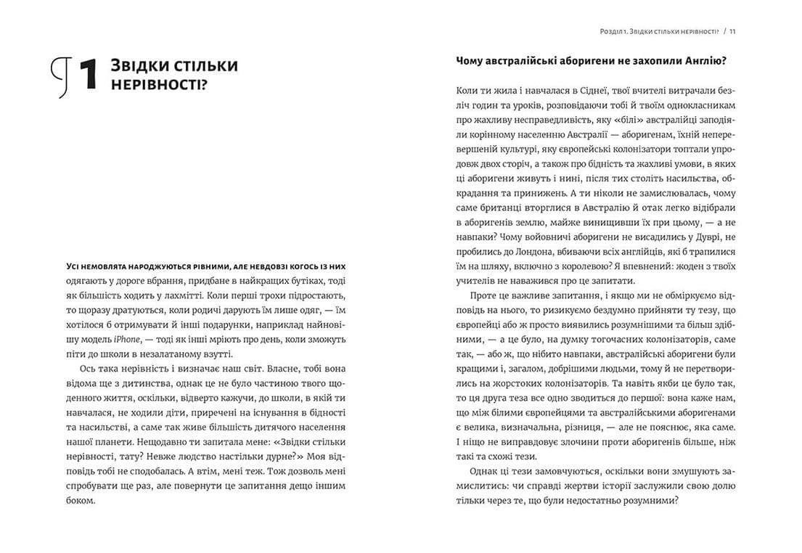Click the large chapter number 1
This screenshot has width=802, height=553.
(87, 75)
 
